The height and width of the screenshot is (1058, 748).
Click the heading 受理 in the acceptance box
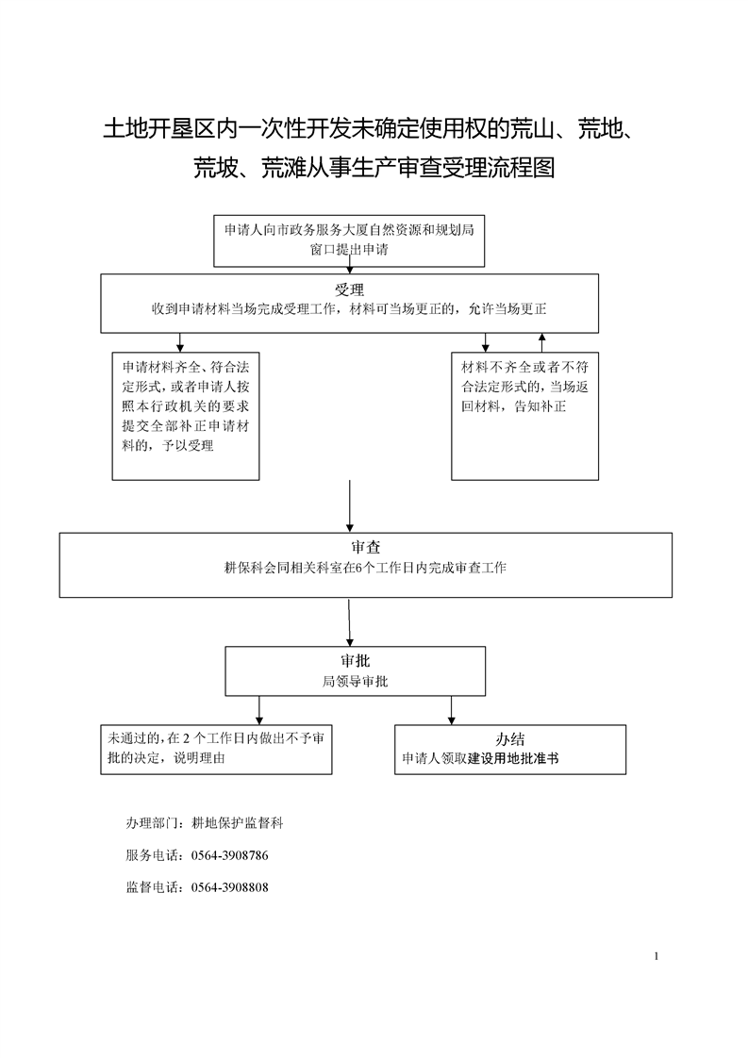pyautogui.click(x=349, y=290)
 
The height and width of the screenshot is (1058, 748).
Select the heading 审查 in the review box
pyautogui.click(x=365, y=547)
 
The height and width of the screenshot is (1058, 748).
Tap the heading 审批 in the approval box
pyautogui.click(x=355, y=661)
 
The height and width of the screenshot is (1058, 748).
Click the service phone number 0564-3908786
pyautogui.click(x=229, y=855)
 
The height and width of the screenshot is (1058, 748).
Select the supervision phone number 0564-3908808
pyautogui.click(x=229, y=888)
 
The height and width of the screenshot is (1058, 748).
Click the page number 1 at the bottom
pyautogui.click(x=657, y=956)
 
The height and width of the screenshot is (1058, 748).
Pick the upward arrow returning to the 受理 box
pyautogui.click(x=541, y=343)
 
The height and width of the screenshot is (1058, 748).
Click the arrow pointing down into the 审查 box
pyautogui.click(x=350, y=506)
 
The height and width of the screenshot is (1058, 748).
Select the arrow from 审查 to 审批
pyautogui.click(x=349, y=622)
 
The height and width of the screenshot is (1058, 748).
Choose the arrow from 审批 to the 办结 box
pyautogui.click(x=452, y=710)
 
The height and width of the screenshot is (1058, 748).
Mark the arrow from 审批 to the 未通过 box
pyautogui.click(x=259, y=710)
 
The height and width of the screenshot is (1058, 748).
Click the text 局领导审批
pyautogui.click(x=355, y=682)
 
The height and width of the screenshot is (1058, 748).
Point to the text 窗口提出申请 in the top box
pyautogui.click(x=349, y=250)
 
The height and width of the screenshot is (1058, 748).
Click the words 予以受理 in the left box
pyautogui.click(x=188, y=445)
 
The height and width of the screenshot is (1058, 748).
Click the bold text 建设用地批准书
pyautogui.click(x=513, y=758)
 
